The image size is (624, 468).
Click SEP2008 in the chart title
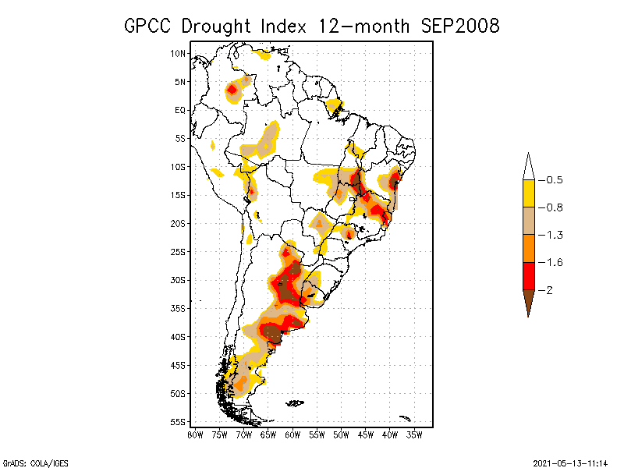[x=459, y=26]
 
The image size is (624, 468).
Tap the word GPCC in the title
[x=150, y=26]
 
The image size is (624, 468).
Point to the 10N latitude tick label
[x=179, y=53]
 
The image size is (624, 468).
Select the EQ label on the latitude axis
[x=180, y=110]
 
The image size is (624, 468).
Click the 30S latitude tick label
[x=179, y=280]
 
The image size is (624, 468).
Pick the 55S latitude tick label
[x=179, y=422]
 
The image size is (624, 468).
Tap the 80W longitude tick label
[x=195, y=434]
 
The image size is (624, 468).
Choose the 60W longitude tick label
[x=292, y=434]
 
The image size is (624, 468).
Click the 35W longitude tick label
[x=414, y=434]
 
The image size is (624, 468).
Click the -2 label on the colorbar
[x=549, y=290]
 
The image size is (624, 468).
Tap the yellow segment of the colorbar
[x=528, y=193]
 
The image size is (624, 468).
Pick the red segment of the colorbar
[x=528, y=275]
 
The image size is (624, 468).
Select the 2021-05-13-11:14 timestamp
[x=569, y=463]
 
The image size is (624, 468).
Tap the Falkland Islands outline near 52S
[x=295, y=403]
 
